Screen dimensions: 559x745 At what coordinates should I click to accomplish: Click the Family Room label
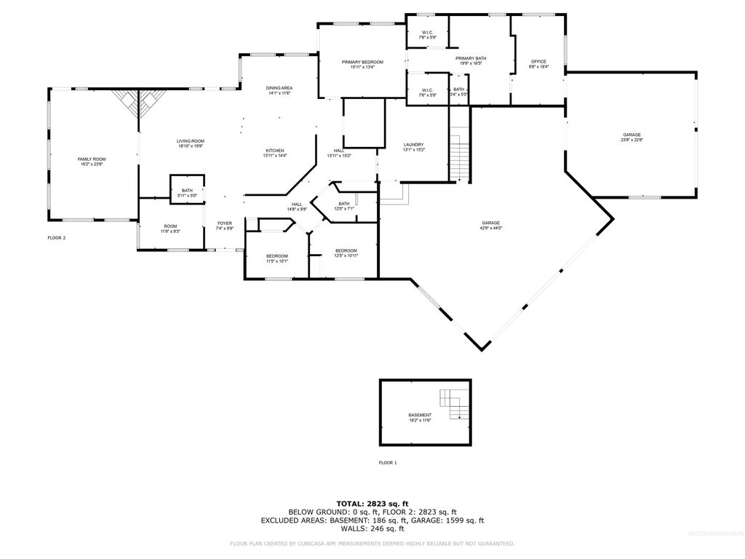click(92, 162)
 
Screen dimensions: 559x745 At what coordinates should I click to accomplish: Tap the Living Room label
click(191, 143)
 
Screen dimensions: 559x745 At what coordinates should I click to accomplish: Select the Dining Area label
click(279, 90)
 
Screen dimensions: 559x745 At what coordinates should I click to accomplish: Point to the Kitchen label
click(274, 153)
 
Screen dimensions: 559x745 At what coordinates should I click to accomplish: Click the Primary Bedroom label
click(362, 65)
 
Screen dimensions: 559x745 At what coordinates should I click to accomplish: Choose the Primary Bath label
click(471, 60)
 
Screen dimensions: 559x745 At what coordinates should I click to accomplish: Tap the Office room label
click(538, 64)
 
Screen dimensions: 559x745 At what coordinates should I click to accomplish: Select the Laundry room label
click(413, 147)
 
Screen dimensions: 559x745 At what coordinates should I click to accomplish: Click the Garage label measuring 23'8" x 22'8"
click(632, 138)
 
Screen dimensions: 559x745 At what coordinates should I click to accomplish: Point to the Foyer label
click(225, 226)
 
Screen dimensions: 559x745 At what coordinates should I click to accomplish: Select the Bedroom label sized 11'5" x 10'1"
click(276, 258)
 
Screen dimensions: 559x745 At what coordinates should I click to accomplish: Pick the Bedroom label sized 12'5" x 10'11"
click(346, 253)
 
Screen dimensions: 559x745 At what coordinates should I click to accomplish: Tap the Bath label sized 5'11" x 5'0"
click(187, 192)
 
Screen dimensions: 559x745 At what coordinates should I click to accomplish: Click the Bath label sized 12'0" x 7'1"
click(343, 206)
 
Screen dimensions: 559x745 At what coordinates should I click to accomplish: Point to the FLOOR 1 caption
click(388, 463)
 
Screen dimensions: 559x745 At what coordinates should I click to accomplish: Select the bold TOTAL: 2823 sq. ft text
click(372, 503)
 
